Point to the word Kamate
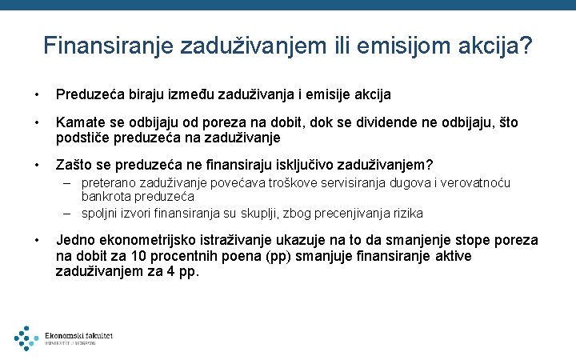80,123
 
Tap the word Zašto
74,166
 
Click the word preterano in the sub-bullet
110,183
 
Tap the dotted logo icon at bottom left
26,338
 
